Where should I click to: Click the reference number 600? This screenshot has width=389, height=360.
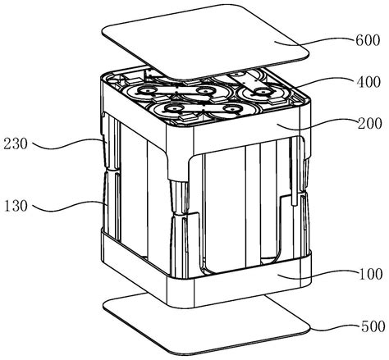coord(368,40)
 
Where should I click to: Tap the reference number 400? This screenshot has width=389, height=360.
coord(368,82)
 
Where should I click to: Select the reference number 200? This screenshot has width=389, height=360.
coord(369,124)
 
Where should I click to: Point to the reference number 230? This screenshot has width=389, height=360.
coord(16,144)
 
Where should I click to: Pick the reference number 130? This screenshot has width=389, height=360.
coord(16,206)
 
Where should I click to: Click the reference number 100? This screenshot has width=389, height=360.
coord(370,274)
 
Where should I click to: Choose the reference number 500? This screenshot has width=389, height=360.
coord(373,326)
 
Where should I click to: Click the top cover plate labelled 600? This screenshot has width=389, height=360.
coord(206,41)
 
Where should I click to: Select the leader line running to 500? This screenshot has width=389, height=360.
coord(335,326)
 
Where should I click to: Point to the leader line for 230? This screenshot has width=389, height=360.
coord(68,144)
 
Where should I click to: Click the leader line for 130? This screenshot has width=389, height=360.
coord(68,206)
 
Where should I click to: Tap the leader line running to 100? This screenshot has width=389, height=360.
coord(318,273)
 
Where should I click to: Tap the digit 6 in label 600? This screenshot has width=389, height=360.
coord(359,40)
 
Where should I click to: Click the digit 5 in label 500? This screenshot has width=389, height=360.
coord(365,326)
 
